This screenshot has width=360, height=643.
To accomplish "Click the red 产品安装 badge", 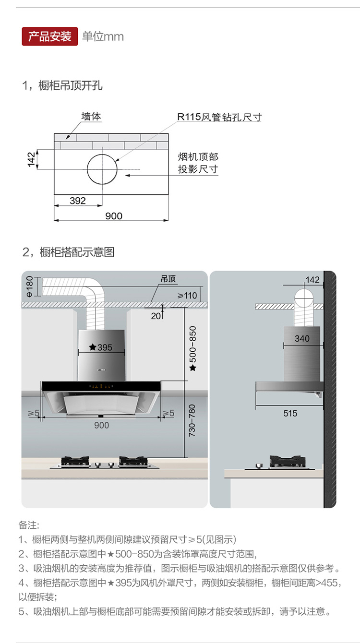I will pyautogui.click(x=49, y=36).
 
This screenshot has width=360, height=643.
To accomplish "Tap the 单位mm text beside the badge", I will pyautogui.click(x=103, y=36).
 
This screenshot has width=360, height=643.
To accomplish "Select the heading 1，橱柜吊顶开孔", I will pyautogui.click(x=62, y=86).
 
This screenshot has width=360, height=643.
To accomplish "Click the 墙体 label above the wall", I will pyautogui.click(x=91, y=117).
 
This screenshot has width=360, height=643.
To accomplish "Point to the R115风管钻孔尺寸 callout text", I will pyautogui.click(x=219, y=117).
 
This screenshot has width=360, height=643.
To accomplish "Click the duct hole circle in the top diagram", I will pyautogui.click(x=102, y=169).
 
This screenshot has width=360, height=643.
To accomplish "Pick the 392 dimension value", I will pyautogui.click(x=78, y=201).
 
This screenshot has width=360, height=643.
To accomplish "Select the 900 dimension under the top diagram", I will pyautogui.click(x=114, y=216).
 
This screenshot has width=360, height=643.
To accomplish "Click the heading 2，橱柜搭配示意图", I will pyautogui.click(x=68, y=252).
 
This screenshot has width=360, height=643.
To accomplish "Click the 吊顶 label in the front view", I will pyautogui.click(x=168, y=279).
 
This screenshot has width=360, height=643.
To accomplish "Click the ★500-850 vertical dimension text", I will pyautogui.click(x=193, y=348).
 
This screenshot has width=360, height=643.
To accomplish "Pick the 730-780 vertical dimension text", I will pyautogui.click(x=192, y=420).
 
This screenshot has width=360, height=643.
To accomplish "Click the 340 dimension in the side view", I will pyautogui.click(x=302, y=339).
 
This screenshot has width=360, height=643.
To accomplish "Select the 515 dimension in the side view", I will pyautogui.click(x=290, y=413).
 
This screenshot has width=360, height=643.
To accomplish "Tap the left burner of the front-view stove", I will pyautogui.click(x=75, y=462).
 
